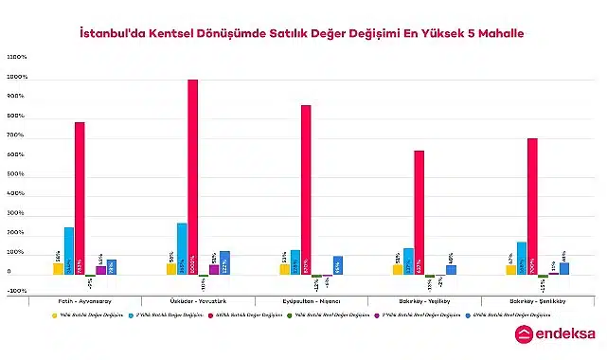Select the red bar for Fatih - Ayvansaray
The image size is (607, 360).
[x=80, y=198]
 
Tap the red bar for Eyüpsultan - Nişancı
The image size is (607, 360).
[x=306, y=189]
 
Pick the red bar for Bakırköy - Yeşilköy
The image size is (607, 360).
[x=419, y=212]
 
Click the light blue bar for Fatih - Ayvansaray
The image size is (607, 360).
[x=69, y=251]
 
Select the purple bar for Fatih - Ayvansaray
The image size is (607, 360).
[x=101, y=270]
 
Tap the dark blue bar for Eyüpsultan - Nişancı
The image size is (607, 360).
[x=338, y=265]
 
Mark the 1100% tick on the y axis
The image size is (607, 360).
[x=17, y=57]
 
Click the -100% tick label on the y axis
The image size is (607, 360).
[x=17, y=292]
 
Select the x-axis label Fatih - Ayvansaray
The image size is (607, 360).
[x=85, y=300]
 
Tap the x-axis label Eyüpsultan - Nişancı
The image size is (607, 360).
[x=311, y=300]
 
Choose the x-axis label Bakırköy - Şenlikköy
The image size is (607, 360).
[x=537, y=300]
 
